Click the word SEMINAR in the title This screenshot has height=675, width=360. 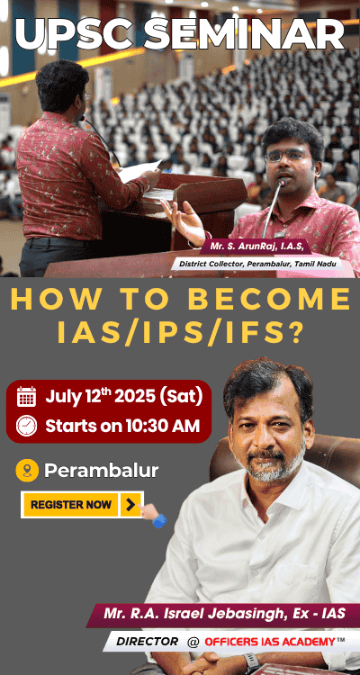point(244,35)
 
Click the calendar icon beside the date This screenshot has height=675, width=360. point(26,397)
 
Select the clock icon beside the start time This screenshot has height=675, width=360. point(26,426)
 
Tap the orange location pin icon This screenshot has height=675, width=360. point(27,471)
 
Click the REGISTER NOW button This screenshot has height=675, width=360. point(82,505)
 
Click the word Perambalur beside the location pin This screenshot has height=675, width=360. point(101,471)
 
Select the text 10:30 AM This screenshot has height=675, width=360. point(163,426)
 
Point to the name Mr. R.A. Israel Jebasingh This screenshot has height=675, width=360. point(192,614)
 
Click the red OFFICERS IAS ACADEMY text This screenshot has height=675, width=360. point(270,642)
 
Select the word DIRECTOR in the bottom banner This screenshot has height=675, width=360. point(147,642)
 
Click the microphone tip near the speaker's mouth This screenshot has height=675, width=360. point(283,184)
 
